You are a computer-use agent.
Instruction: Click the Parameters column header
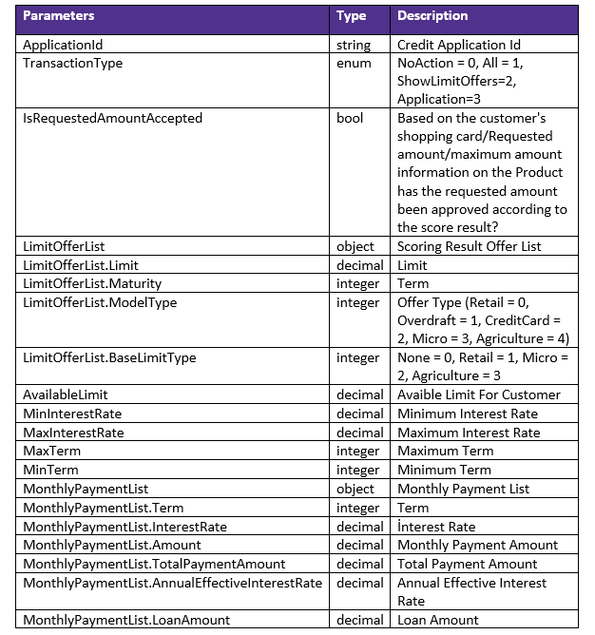coord(59,16)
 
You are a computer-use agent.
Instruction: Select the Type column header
coord(351,16)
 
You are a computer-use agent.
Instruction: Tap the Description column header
coord(432,16)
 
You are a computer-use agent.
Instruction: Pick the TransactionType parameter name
coord(72,64)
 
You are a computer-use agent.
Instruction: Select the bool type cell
coord(350,119)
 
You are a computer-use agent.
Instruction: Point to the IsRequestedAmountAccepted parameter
coord(112,119)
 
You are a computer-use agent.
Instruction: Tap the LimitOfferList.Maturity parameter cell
coord(92,283)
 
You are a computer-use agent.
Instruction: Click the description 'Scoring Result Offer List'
coord(469,246)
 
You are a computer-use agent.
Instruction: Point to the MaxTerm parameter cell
coord(50,451)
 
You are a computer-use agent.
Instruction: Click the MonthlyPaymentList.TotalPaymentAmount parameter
coord(154,564)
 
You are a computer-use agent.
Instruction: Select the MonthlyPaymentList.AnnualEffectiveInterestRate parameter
coord(172,583)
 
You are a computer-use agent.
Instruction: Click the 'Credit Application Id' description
coord(458,45)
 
